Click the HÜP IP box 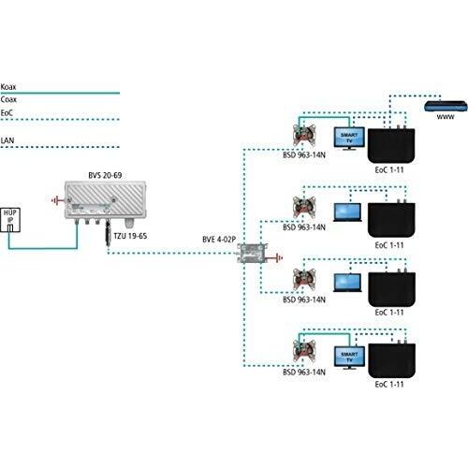(10, 220)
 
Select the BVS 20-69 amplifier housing (105, 200)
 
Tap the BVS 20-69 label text (105, 175)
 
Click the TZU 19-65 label (130, 236)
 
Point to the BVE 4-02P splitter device (253, 254)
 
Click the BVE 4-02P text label (219, 240)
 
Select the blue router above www (446, 107)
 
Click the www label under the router (446, 117)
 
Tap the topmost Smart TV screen (349, 138)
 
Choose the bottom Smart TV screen (349, 358)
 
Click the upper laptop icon (347, 212)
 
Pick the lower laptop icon (347, 283)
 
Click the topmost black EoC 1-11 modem (391, 145)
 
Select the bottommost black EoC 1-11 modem (391, 359)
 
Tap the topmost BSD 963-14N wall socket (304, 134)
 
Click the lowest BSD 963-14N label (304, 373)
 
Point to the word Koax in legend (8, 87)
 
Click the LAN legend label (7, 140)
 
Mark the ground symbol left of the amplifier (56, 200)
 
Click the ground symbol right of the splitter (276, 258)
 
